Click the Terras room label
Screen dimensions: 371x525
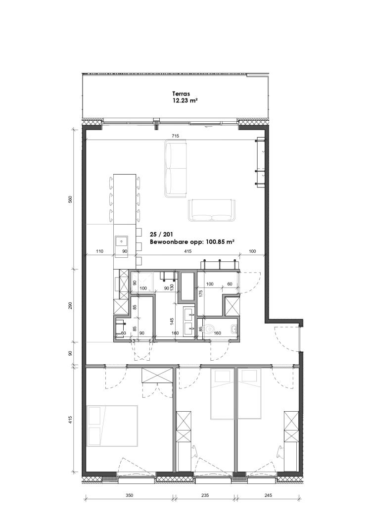coord(181,94)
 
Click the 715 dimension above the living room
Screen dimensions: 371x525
coord(175,136)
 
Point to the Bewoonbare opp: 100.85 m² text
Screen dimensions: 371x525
coord(192,242)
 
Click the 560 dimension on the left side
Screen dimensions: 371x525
coord(70,199)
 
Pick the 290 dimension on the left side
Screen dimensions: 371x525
coord(70,306)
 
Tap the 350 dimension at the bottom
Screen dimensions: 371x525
coord(129,495)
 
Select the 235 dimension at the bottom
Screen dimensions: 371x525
coord(205,495)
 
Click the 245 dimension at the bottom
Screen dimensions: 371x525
coord(268,495)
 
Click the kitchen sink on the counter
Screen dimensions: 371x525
coord(121,241)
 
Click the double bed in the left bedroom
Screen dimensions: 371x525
coord(112,426)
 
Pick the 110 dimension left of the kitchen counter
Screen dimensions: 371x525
coord(99,251)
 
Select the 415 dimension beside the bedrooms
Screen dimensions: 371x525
coord(70,420)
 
